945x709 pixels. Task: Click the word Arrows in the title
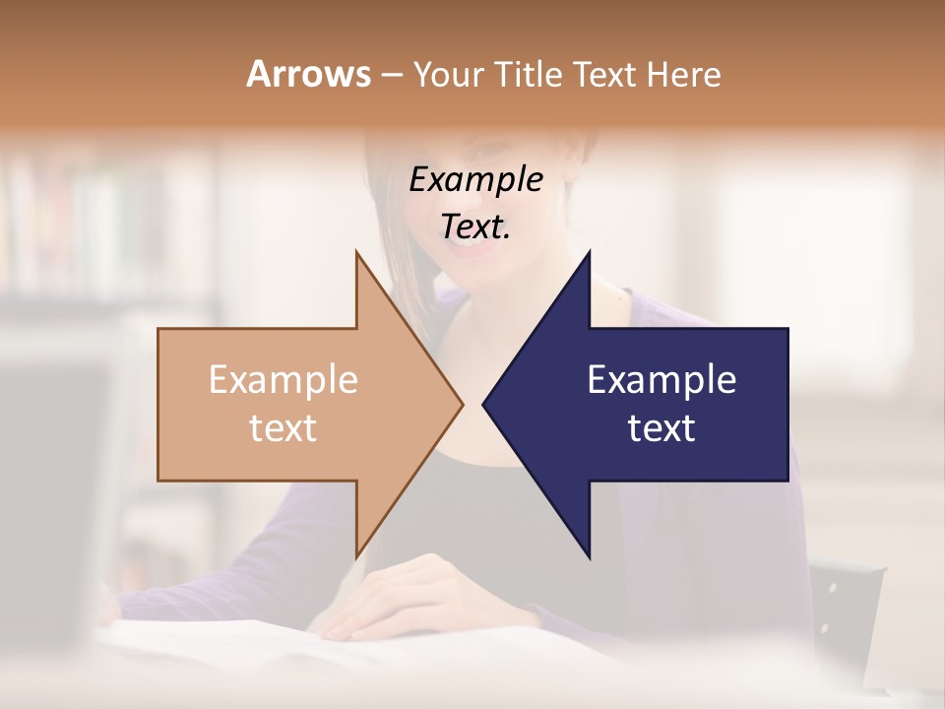(308, 74)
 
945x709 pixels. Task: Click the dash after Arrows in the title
(391, 76)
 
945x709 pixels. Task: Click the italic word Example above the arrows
(475, 180)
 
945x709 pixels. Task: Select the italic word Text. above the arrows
(475, 227)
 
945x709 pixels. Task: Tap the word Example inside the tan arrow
(283, 380)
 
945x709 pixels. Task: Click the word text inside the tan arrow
(283, 428)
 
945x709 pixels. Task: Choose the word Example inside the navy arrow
(661, 380)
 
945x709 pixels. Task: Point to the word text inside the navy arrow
(661, 428)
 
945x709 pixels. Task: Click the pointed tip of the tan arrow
(462, 404)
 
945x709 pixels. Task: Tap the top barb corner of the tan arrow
(356, 253)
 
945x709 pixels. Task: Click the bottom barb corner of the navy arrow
(589, 556)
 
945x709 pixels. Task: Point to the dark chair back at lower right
(847, 611)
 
